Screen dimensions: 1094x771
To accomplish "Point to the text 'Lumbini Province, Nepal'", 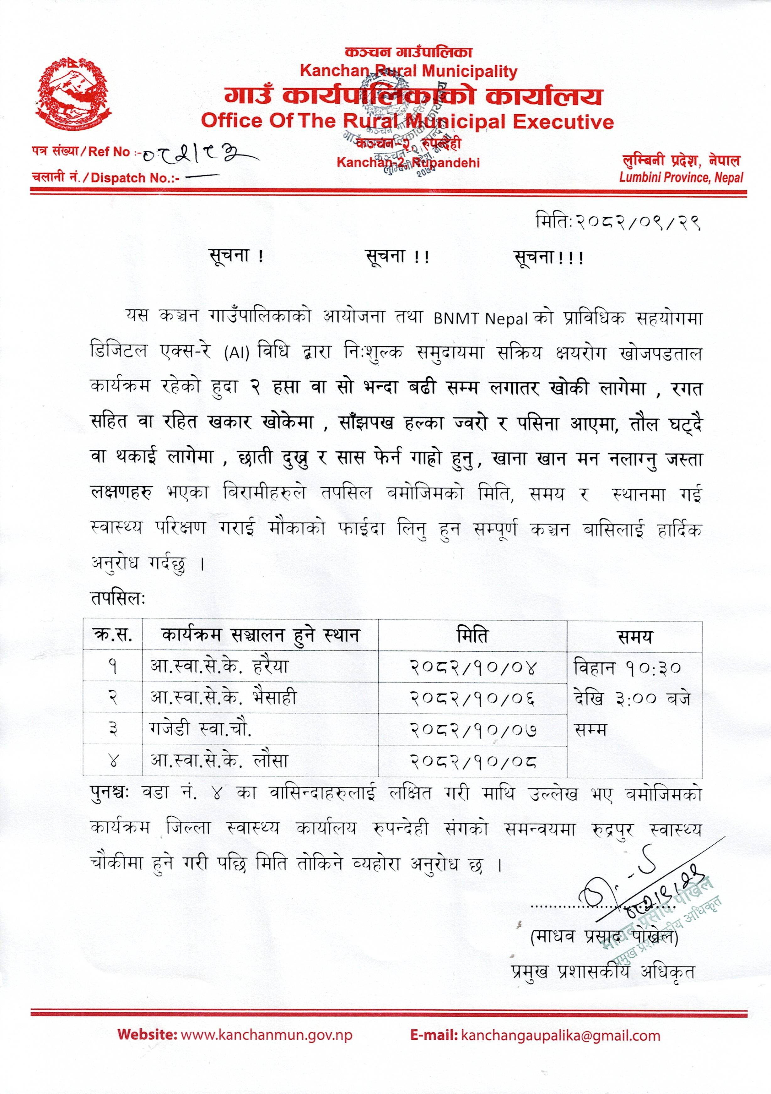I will click(x=681, y=178).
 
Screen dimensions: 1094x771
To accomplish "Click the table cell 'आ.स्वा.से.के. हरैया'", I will click(x=219, y=666).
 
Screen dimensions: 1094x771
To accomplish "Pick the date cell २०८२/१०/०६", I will click(x=472, y=698).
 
